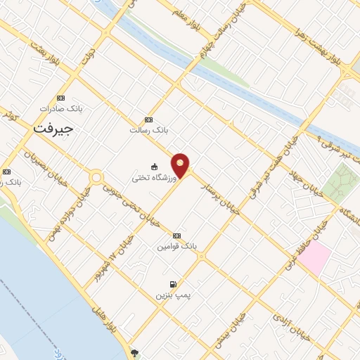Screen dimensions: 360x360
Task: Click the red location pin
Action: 181,165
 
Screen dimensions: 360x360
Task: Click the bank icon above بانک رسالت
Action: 148,120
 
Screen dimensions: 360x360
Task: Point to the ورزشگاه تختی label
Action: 149,178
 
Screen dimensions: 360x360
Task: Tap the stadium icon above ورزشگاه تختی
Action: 154,167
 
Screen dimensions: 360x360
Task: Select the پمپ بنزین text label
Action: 173,295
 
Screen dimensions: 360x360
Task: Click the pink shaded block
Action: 314,259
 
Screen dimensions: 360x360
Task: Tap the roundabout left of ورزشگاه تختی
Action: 96,178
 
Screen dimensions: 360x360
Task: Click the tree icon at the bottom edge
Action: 135,353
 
